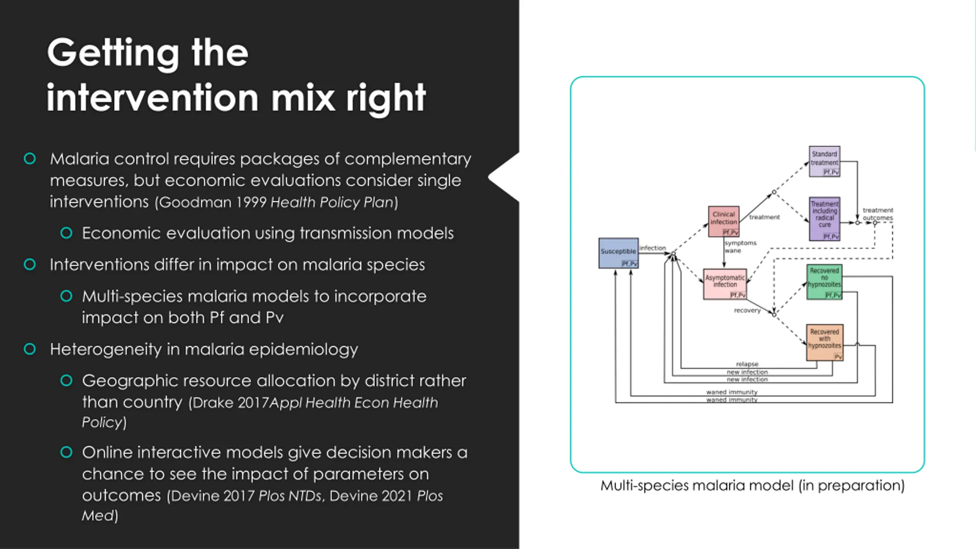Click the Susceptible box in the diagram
[x=618, y=253]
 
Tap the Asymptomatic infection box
[x=724, y=284]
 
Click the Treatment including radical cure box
[x=824, y=218]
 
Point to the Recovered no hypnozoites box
[x=824, y=282]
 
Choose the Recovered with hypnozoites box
[x=824, y=342]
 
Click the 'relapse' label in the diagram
[x=747, y=364]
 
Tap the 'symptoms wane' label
[x=740, y=247]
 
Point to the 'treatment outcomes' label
[x=878, y=214]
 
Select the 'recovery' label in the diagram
[x=747, y=310]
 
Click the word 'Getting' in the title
[x=113, y=53]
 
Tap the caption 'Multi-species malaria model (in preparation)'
[x=752, y=486]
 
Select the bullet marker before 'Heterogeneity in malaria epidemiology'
[x=30, y=349]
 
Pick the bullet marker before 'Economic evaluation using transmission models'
[x=66, y=233]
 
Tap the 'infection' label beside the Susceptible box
[x=652, y=248]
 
